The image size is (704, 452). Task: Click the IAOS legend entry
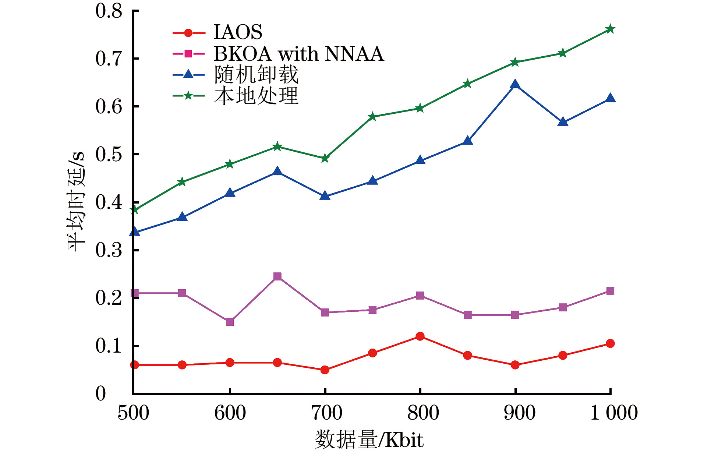click(x=238, y=32)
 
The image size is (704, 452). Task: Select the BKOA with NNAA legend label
click(x=298, y=54)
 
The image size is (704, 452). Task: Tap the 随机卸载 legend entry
click(x=256, y=75)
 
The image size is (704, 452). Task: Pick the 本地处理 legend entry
click(x=256, y=96)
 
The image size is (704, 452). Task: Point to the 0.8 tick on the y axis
click(x=109, y=11)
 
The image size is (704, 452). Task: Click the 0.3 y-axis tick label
click(x=109, y=250)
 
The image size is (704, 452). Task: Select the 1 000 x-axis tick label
click(x=614, y=412)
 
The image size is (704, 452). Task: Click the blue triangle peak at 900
click(x=515, y=85)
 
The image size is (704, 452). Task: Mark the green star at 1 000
click(x=610, y=29)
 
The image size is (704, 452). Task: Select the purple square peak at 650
click(x=277, y=276)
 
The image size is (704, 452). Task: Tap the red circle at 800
click(x=420, y=336)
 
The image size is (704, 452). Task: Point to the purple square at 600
click(x=230, y=322)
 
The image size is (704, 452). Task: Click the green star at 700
click(x=325, y=159)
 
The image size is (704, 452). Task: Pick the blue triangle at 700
click(x=325, y=196)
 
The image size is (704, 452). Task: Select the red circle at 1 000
click(x=610, y=343)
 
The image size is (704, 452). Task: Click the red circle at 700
click(x=325, y=370)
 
